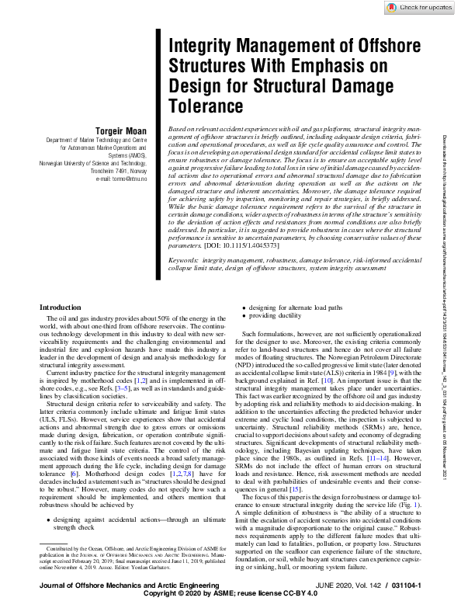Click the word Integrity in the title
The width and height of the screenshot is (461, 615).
tap(202, 46)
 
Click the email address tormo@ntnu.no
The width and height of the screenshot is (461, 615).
tap(120, 179)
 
